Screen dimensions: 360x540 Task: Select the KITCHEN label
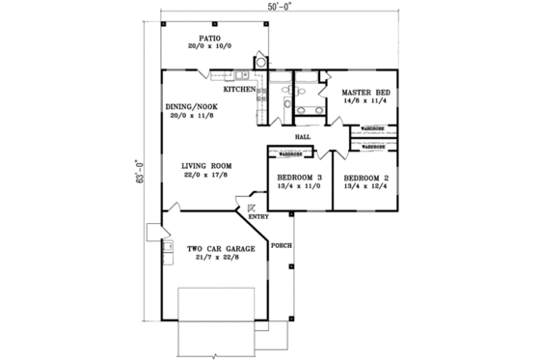pos(241,90)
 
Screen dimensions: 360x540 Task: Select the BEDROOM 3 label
pos(298,180)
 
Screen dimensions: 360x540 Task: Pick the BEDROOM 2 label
pos(364,180)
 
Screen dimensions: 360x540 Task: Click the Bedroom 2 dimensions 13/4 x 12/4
pos(364,189)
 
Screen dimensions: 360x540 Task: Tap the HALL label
pos(302,137)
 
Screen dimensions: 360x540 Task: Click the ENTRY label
pos(258,216)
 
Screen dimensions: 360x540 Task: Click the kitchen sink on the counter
pos(247,75)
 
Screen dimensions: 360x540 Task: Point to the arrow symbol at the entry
pos(252,205)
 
